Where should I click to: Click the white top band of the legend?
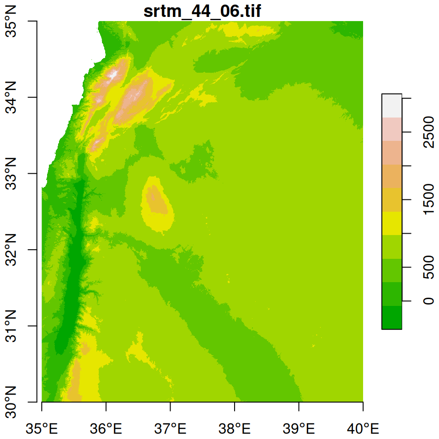coord(392,106)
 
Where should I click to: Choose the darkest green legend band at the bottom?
coord(392,317)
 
